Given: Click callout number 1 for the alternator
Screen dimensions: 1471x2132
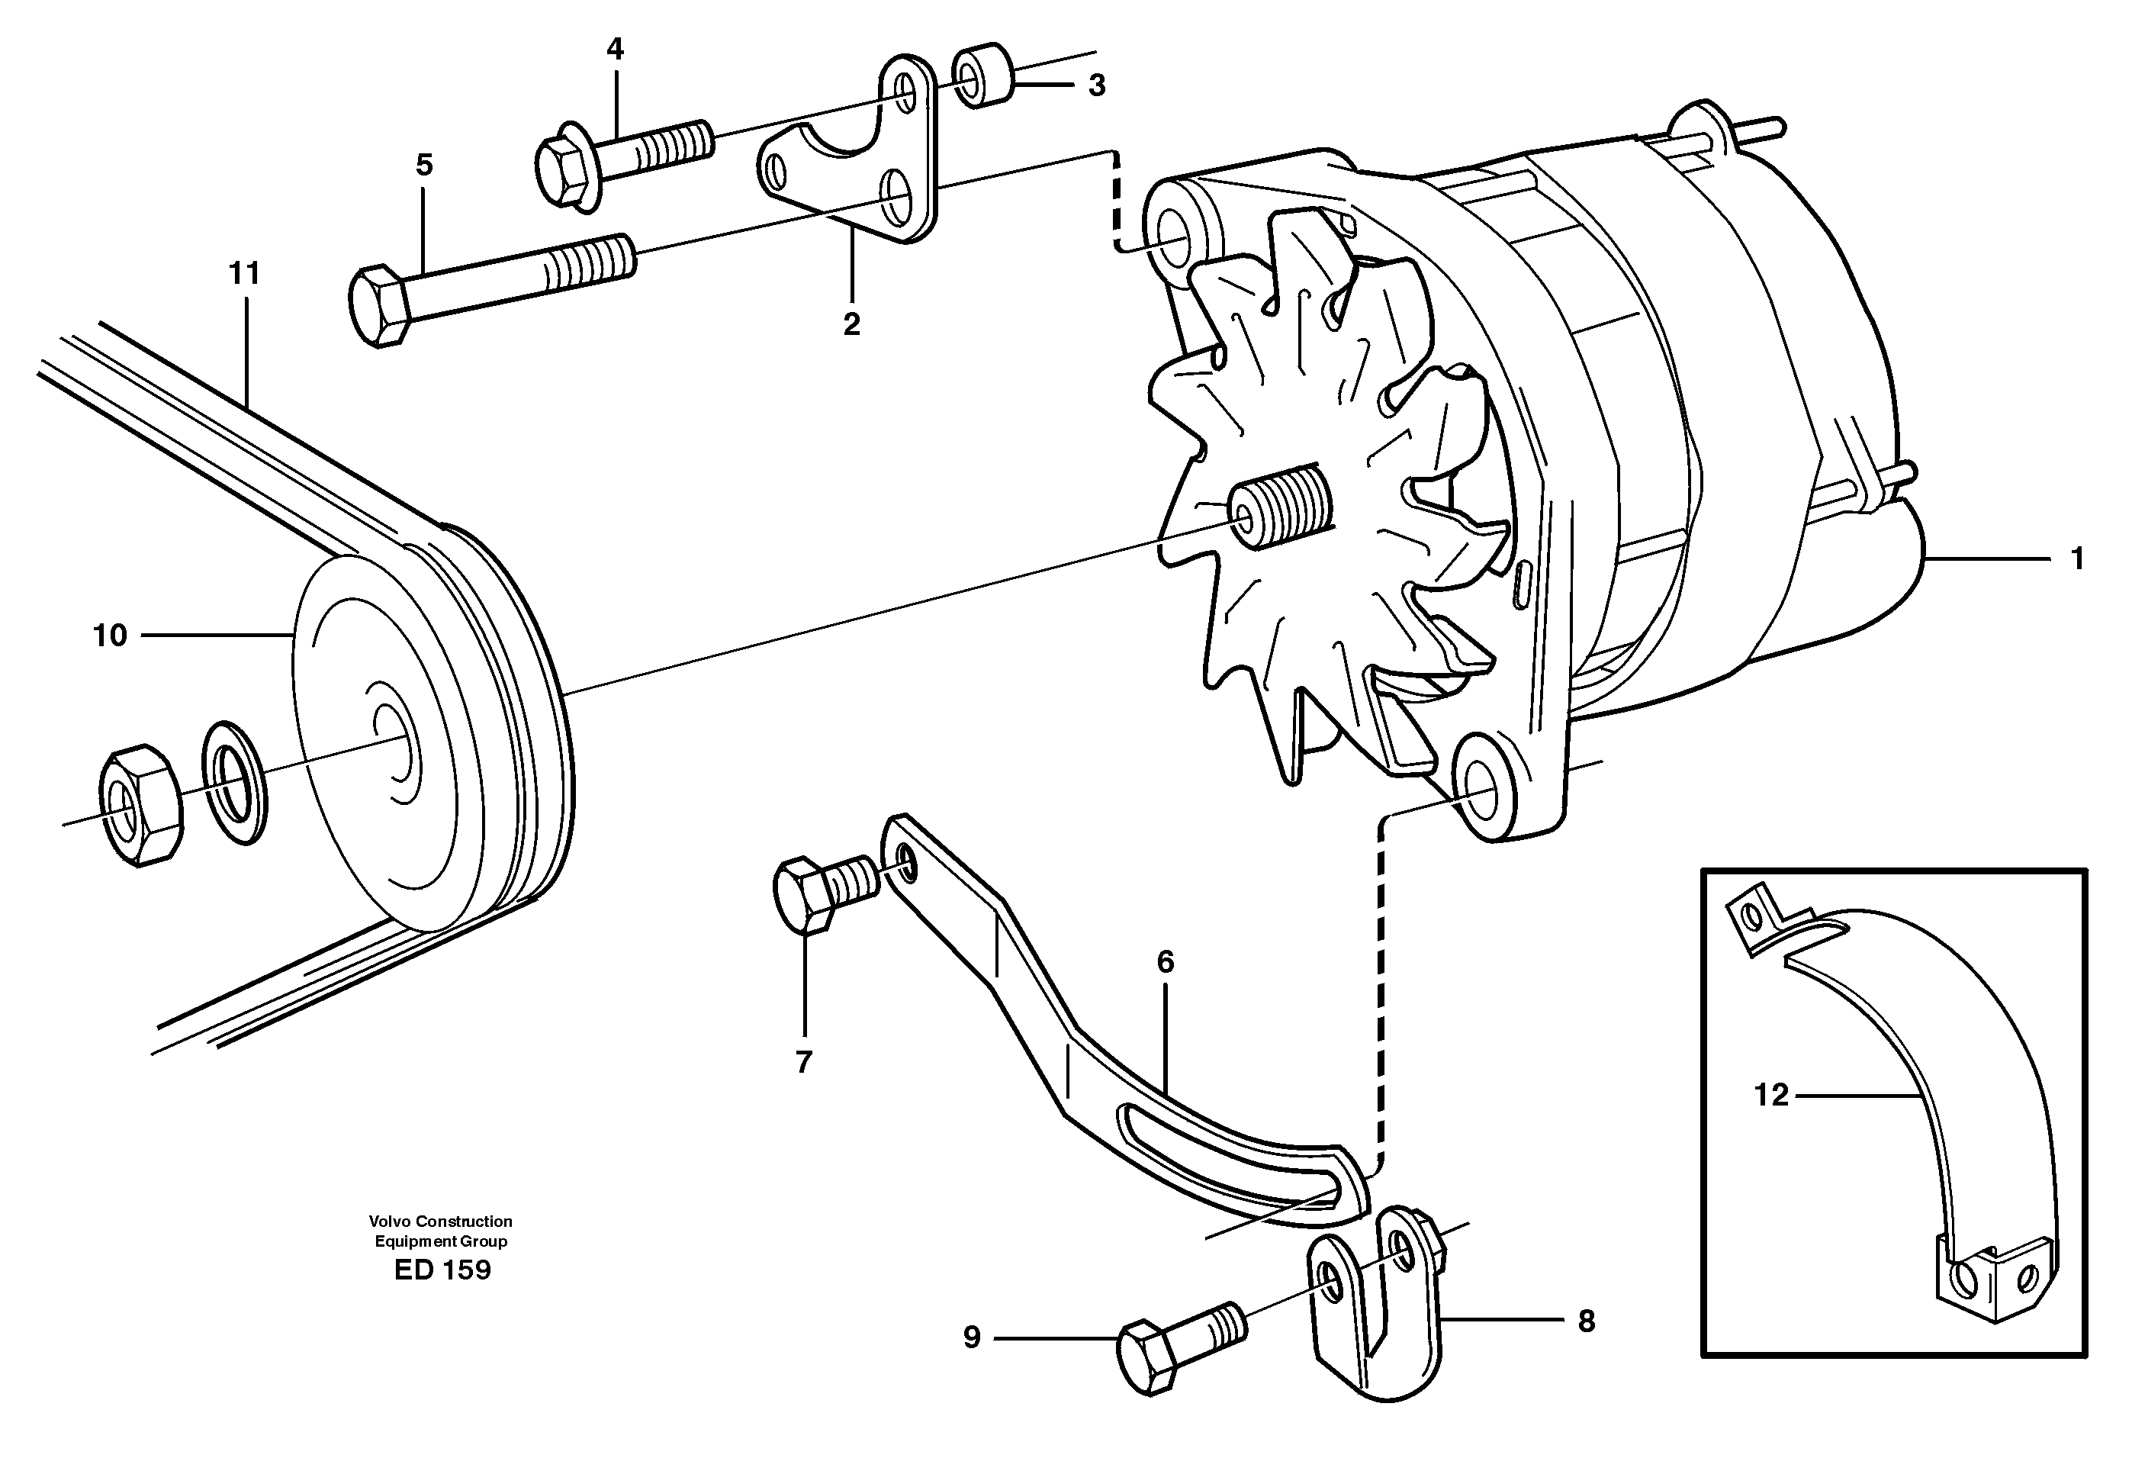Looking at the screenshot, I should (2077, 558).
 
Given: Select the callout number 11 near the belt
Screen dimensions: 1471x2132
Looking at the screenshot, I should (244, 274).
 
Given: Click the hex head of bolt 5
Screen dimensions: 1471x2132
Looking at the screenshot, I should (378, 306).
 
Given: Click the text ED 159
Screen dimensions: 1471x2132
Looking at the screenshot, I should (442, 1270).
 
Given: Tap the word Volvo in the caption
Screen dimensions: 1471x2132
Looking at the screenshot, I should (391, 1222).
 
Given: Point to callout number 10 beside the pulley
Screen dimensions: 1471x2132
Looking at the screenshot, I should (110, 635).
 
